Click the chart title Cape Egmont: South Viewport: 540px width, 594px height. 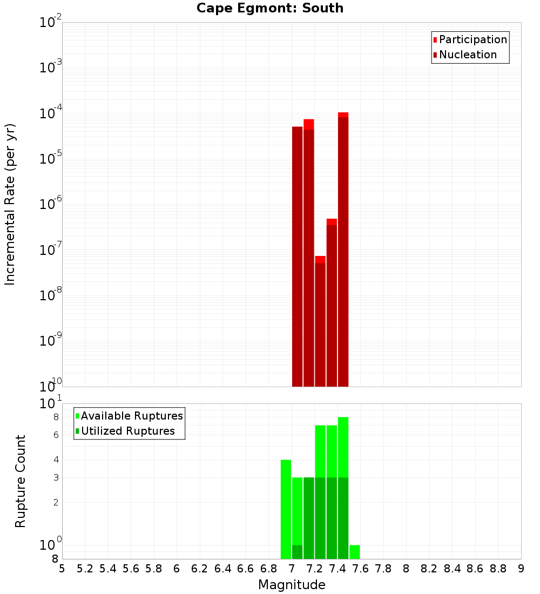270,8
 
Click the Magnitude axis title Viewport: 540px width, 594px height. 292,585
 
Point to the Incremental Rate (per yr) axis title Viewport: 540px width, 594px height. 10,204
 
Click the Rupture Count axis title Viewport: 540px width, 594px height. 21,481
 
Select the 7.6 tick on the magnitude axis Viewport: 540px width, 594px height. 360,569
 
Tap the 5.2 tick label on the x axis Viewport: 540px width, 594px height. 85,569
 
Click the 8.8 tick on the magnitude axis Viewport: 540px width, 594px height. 498,569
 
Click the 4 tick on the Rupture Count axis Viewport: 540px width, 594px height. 56,460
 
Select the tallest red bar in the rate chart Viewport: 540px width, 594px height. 343,248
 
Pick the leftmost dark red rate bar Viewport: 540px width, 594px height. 297,256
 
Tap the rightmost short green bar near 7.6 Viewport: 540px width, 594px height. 354,552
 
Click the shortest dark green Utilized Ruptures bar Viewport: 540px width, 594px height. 297,552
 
